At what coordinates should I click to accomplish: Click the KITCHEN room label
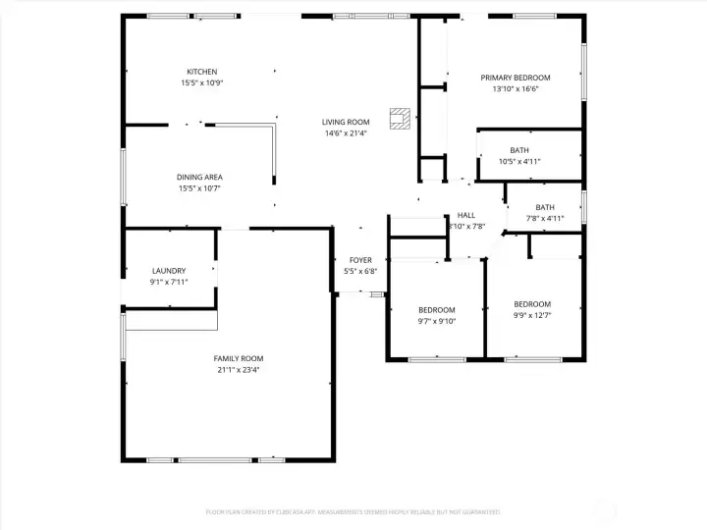click(x=201, y=72)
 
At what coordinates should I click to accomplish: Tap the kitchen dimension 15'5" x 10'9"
click(x=201, y=83)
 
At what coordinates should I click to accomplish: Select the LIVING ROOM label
click(x=346, y=122)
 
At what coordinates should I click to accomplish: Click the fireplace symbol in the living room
click(x=399, y=119)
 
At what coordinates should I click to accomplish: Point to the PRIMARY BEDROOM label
click(x=515, y=78)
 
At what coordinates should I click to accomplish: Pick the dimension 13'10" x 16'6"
click(x=515, y=89)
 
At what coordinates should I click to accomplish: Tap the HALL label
click(x=465, y=215)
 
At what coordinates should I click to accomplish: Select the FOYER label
click(x=360, y=260)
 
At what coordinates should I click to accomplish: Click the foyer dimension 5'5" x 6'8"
click(x=360, y=272)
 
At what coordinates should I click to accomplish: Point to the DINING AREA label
click(x=199, y=178)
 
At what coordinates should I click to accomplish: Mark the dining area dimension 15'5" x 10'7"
click(x=199, y=188)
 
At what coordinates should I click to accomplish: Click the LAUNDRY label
click(x=169, y=271)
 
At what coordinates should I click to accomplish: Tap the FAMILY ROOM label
click(x=239, y=358)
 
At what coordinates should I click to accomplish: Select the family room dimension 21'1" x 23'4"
click(x=239, y=370)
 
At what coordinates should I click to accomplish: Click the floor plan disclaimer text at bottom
click(x=353, y=511)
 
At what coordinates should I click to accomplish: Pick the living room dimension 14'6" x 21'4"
click(x=346, y=133)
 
